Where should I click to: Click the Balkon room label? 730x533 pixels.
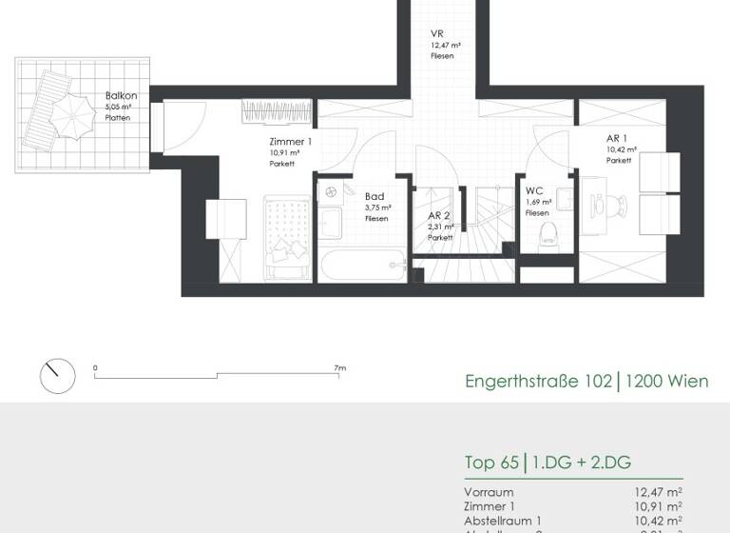point(121,96)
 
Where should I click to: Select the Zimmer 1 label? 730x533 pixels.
point(290,143)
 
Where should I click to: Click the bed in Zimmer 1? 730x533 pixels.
point(286,239)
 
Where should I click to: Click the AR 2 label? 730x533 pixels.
point(438,216)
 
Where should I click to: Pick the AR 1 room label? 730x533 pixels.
point(618,139)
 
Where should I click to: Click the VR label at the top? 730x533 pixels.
point(436,34)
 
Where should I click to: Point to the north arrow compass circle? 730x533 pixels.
point(57,377)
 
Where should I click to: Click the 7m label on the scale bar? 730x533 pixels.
point(339,367)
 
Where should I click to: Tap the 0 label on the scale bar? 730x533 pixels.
point(95,367)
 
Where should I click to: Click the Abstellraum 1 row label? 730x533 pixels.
point(503,521)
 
